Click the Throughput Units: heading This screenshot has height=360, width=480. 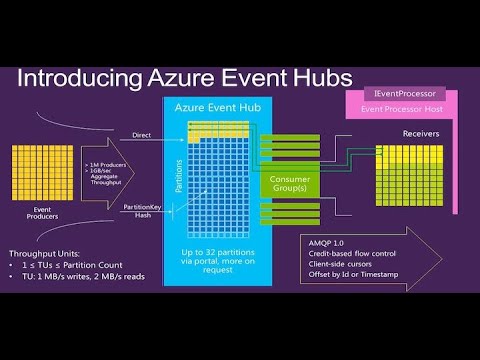pyautogui.click(x=48, y=253)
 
